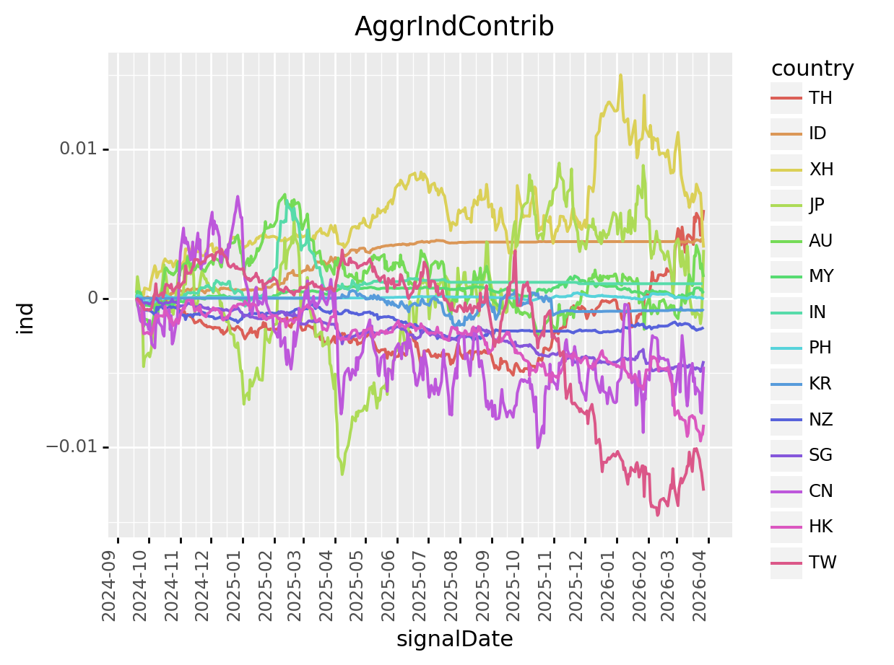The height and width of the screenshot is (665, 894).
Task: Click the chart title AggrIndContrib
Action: click(x=454, y=27)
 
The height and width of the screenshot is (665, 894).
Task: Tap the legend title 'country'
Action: click(x=812, y=69)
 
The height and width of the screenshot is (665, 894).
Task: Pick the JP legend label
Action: click(x=817, y=205)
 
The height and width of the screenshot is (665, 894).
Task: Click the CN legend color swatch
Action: click(x=786, y=491)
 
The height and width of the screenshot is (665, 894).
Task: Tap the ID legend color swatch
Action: click(x=786, y=133)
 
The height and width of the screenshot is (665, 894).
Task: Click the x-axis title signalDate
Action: click(x=454, y=639)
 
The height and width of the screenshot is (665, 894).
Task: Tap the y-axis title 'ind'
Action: click(x=26, y=318)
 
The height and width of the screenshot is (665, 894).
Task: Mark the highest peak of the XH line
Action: click(x=620, y=74)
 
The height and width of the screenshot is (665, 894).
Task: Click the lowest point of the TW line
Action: click(x=657, y=515)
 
